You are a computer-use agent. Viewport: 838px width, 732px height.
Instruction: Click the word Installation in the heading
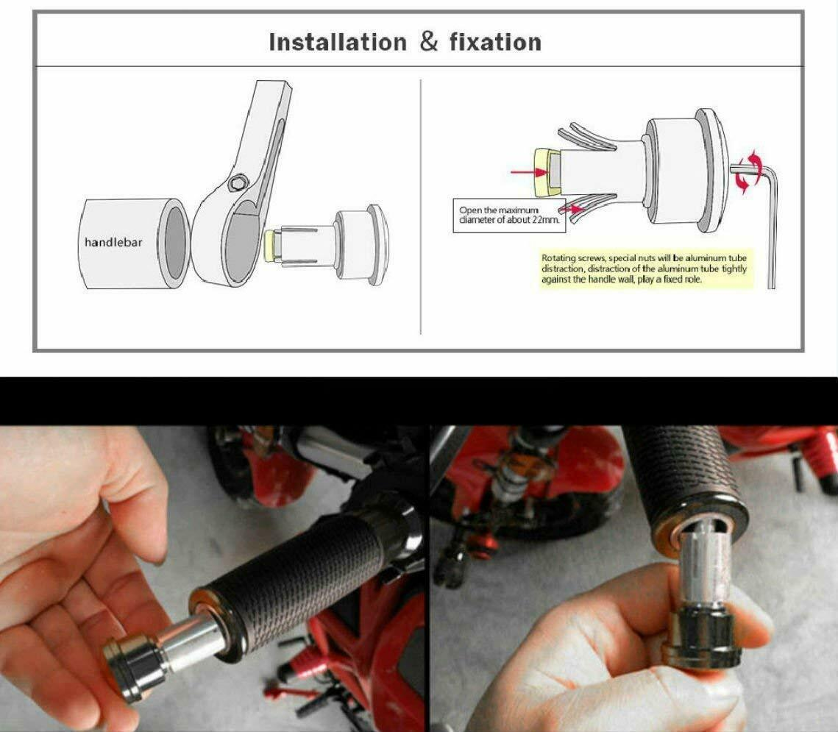tap(337, 42)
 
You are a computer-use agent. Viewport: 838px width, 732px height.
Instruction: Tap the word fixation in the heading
tap(495, 42)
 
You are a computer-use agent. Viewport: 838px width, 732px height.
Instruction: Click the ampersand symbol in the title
tap(428, 42)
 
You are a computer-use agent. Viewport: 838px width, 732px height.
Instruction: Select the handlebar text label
tap(113, 243)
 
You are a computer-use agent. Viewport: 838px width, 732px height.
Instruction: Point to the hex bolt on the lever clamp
tap(235, 183)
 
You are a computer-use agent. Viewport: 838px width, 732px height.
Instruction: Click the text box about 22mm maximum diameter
tap(509, 216)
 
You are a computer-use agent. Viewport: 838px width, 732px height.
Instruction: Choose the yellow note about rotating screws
tap(645, 269)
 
